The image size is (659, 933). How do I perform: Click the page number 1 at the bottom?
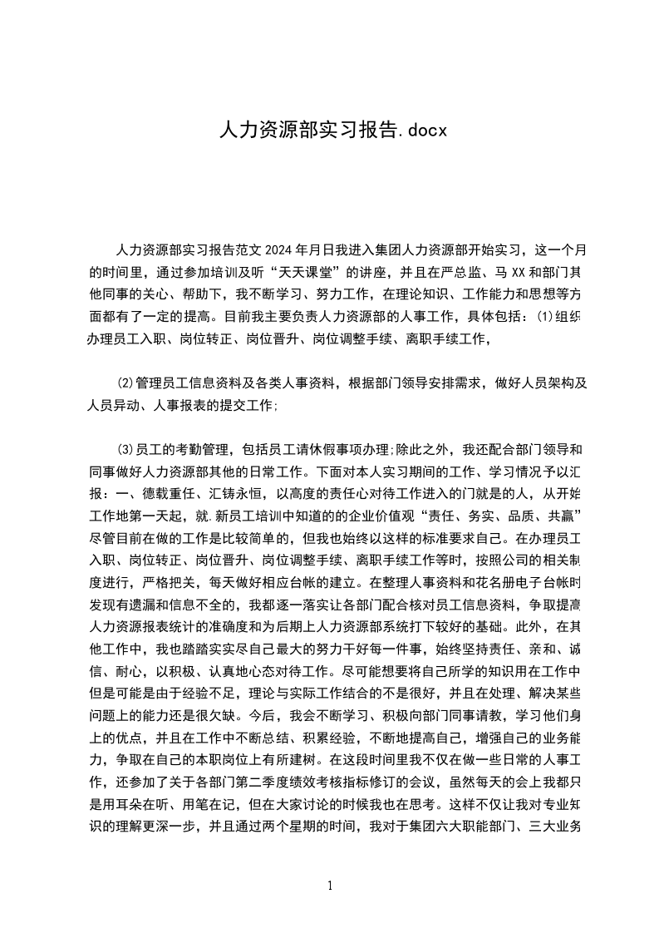330,885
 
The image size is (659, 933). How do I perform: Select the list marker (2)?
126,383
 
